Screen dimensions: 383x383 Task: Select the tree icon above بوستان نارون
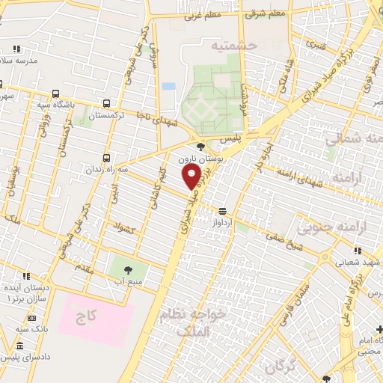click(x=200, y=147)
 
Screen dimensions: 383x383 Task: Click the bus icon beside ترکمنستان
click(x=107, y=104)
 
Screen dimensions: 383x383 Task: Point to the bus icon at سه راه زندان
click(x=106, y=158)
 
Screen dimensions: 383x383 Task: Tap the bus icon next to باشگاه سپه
click(x=56, y=94)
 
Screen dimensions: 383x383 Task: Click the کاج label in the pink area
click(x=87, y=317)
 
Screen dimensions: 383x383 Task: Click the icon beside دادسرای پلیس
click(x=19, y=346)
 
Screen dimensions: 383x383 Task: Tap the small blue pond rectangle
click(x=169, y=86)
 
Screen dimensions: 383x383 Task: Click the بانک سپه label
click(x=33, y=329)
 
